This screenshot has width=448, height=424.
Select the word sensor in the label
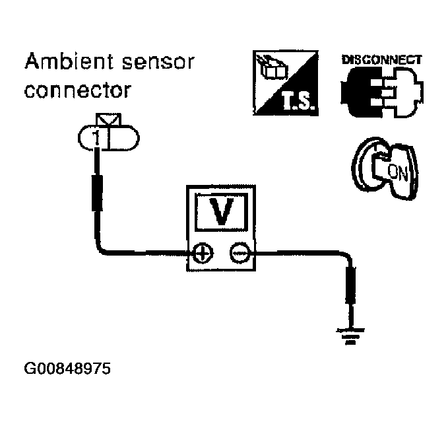158,62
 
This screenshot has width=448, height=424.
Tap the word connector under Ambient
78,90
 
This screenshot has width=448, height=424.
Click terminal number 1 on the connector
96,139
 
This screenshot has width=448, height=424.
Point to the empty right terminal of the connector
123,138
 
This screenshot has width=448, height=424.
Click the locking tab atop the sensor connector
109,120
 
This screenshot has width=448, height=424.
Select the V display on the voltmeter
221,211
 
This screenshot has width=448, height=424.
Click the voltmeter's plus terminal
203,254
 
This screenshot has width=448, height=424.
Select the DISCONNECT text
382,60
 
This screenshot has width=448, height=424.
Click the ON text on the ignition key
398,172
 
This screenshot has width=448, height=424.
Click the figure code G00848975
67,369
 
